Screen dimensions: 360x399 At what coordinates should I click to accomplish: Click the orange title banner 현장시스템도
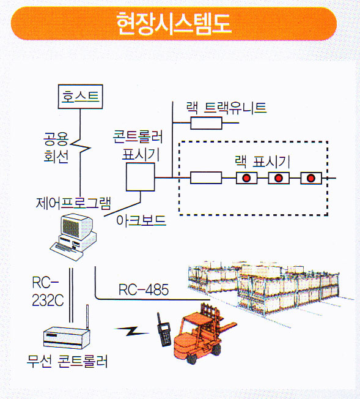[x=174, y=23]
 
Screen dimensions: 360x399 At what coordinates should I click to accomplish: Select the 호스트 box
[x=80, y=97]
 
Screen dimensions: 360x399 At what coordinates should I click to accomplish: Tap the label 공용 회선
[x=56, y=147]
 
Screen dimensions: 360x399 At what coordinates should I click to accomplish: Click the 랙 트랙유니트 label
[x=226, y=108]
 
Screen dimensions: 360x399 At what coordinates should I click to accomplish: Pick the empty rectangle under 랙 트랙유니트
[x=206, y=123]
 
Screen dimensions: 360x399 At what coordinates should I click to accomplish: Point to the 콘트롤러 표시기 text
[x=138, y=146]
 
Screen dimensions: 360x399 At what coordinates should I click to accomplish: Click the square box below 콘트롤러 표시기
[x=141, y=177]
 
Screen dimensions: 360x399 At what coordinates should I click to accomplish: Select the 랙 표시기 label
[x=262, y=162]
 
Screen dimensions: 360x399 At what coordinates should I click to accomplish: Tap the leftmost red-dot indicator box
[x=246, y=178]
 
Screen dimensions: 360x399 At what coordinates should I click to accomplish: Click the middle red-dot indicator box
[x=279, y=178]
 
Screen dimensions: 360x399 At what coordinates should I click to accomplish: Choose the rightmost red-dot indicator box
[x=311, y=178]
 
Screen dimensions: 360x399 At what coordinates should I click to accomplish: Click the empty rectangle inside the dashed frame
[x=206, y=177]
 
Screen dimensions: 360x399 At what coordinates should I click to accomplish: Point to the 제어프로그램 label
[x=73, y=203]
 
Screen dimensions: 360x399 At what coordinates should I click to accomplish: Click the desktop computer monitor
[x=76, y=227]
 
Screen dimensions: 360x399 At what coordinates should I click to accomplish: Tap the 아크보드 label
[x=141, y=220]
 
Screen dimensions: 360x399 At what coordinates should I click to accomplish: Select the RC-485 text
[x=144, y=289]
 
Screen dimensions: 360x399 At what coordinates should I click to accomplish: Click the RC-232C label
[x=48, y=291]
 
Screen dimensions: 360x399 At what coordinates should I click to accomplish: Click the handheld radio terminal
[x=163, y=329]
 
